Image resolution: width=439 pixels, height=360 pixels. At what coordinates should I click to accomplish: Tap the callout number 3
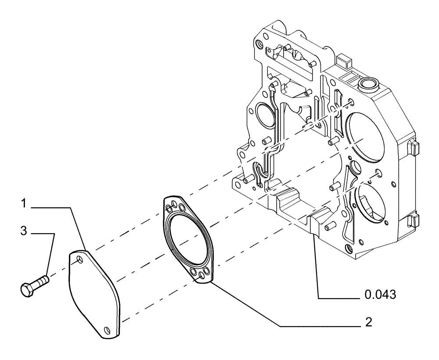coord(25,231)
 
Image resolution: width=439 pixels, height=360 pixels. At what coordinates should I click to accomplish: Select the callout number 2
coord(368,323)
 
